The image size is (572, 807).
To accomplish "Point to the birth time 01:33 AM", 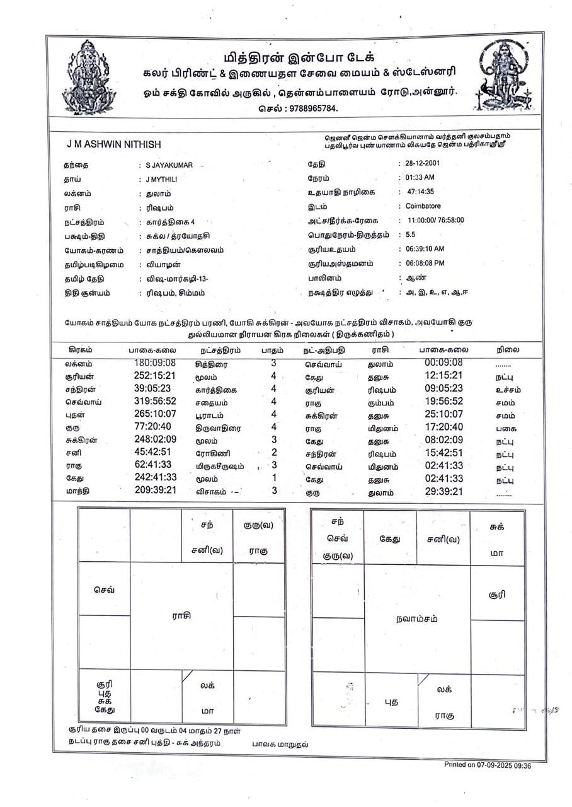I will point(420,178).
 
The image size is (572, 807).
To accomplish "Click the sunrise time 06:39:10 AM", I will point(425,249).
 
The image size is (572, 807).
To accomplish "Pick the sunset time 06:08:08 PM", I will point(425,263).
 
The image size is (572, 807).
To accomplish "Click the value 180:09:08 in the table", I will point(154,363).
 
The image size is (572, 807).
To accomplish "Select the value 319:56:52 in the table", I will point(154,402).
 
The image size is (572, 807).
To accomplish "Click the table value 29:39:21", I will point(443,492).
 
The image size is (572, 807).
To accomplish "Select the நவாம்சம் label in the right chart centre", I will point(418,618).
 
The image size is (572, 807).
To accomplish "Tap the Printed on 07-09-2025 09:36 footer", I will point(487,765).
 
